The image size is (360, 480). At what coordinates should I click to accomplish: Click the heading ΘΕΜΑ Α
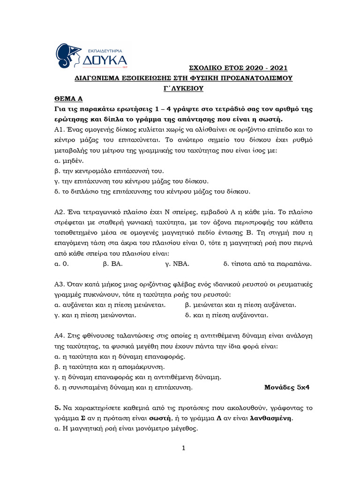coord(68,99)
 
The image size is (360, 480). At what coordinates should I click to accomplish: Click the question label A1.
coord(59,129)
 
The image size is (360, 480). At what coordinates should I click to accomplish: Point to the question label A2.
coord(59,211)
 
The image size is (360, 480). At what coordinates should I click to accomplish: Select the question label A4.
coord(59,336)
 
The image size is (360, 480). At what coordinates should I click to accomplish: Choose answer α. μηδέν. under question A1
coord(70,160)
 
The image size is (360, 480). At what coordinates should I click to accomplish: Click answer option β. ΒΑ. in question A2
coord(112,263)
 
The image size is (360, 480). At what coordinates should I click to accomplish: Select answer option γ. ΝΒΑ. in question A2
coord(177,263)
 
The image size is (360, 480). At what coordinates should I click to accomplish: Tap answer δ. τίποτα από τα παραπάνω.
coord(268,263)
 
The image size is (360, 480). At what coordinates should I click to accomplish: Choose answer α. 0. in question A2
coord(62,263)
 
